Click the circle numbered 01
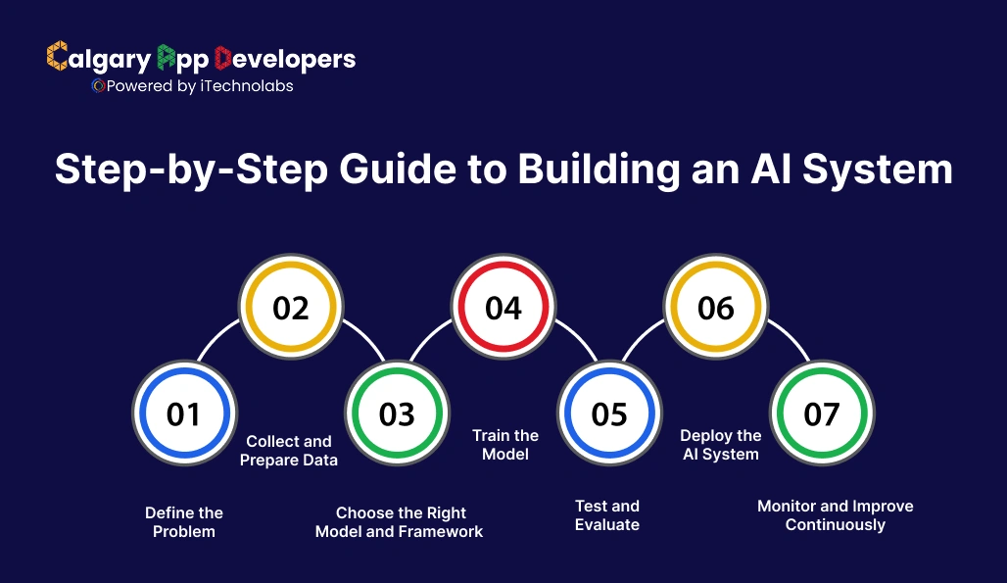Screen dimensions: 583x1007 [183, 413]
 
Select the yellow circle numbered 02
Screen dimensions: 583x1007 [290, 308]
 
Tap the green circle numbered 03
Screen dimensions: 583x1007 [397, 413]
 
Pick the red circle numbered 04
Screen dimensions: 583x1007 [503, 308]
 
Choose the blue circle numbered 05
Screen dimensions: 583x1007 [608, 413]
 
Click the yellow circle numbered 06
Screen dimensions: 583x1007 [715, 308]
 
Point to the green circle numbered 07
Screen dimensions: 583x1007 [821, 413]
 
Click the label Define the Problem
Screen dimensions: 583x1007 [184, 522]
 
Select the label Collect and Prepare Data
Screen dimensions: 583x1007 [289, 451]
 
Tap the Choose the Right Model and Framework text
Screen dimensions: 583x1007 [400, 522]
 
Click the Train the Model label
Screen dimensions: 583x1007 [505, 445]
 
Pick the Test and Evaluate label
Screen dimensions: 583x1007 [607, 515]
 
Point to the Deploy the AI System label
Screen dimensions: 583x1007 [721, 445]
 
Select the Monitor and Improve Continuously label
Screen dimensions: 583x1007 [835, 515]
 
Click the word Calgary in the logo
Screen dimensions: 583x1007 [99, 59]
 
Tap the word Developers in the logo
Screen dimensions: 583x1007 [284, 59]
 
